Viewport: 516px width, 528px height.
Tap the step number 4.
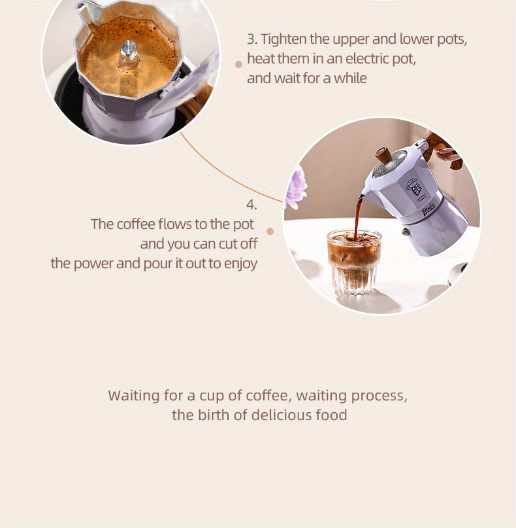pyautogui.click(x=251, y=205)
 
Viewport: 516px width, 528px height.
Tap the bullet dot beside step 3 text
pyautogui.click(x=238, y=64)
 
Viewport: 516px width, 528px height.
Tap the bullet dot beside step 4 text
pyautogui.click(x=270, y=232)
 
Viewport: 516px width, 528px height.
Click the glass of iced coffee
pyautogui.click(x=353, y=261)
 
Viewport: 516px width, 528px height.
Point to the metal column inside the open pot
pyautogui.click(x=129, y=54)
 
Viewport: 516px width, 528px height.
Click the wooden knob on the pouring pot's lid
pyautogui.click(x=383, y=156)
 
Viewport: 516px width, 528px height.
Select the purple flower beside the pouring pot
pyautogui.click(x=296, y=186)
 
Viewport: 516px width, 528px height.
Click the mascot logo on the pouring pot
pyautogui.click(x=411, y=187)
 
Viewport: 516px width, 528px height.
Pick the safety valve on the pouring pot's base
pyautogui.click(x=406, y=232)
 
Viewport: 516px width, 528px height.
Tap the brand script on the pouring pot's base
pyautogui.click(x=428, y=209)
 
